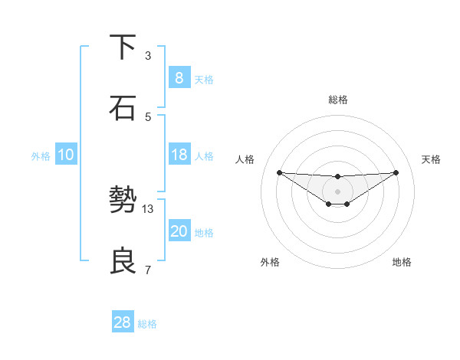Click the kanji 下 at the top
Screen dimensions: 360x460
click(x=123, y=47)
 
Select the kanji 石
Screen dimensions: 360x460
click(x=123, y=108)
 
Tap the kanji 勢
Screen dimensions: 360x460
click(x=123, y=201)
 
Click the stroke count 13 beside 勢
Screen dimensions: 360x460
click(x=148, y=208)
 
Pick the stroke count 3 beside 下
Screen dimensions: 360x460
click(x=148, y=55)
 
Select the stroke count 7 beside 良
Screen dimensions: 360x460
click(x=148, y=270)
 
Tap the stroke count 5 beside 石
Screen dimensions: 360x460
click(x=148, y=116)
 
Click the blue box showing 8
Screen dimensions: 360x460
click(x=179, y=78)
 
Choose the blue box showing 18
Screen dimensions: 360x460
click(x=179, y=155)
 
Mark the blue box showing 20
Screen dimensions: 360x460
click(x=179, y=231)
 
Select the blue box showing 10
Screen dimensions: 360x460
click(x=66, y=155)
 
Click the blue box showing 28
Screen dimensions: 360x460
click(x=122, y=322)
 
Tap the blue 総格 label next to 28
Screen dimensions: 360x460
click(x=147, y=324)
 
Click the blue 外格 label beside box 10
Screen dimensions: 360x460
click(x=41, y=155)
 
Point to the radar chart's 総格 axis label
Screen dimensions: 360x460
click(x=337, y=100)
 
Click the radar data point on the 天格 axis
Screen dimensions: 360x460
click(x=396, y=172)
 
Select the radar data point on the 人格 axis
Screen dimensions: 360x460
click(x=279, y=172)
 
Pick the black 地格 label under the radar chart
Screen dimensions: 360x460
click(x=402, y=262)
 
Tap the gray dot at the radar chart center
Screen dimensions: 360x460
click(x=337, y=191)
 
